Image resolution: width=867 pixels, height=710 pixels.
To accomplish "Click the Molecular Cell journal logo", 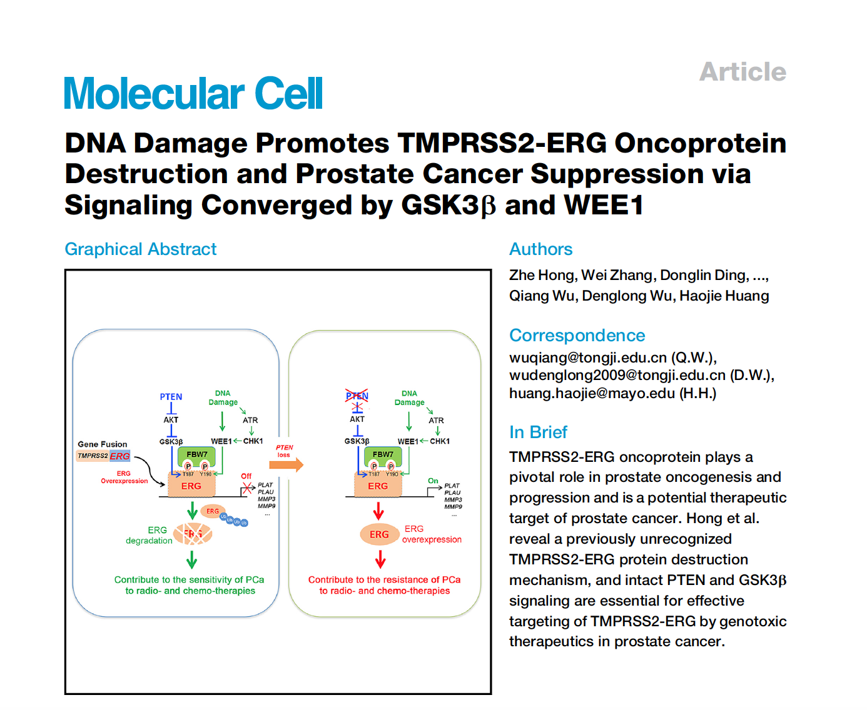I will (x=193, y=94).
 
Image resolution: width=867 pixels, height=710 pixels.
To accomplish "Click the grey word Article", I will (x=743, y=72).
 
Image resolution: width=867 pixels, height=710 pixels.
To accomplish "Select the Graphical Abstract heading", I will (x=141, y=249).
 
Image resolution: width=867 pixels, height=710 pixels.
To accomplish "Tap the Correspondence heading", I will (x=577, y=336).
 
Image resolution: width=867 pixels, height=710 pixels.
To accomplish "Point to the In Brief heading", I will (x=538, y=432).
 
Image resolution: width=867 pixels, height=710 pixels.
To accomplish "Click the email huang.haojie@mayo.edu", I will (x=592, y=393).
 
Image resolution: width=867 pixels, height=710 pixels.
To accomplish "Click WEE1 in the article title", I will (x=604, y=205).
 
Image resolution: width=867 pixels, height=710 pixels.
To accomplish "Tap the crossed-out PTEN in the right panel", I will (x=357, y=396).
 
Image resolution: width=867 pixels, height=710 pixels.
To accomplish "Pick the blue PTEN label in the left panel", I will (x=171, y=397).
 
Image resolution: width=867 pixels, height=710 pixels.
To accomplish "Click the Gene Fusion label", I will (x=102, y=444).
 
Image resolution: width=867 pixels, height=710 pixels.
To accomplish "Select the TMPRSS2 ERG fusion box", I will (x=103, y=456).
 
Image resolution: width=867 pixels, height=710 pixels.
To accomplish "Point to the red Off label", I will (x=246, y=476).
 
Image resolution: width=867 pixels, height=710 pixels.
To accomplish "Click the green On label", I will (x=433, y=481).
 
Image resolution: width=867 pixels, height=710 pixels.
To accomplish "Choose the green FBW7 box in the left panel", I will (x=197, y=455).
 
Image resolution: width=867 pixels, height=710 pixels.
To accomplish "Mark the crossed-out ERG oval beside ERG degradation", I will (x=193, y=534).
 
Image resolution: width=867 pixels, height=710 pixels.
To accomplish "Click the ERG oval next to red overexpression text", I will (x=379, y=534).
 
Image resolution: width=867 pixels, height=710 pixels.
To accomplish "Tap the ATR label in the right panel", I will (x=436, y=421).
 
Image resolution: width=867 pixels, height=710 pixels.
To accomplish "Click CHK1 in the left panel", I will (x=253, y=441).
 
